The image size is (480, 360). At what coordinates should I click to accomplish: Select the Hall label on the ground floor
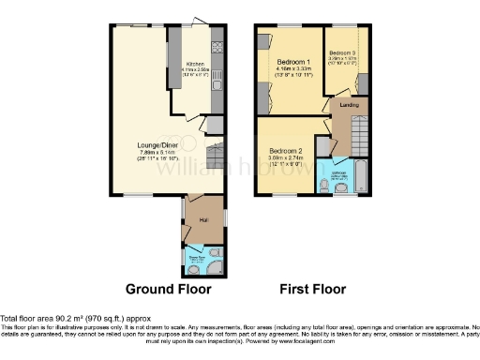tap(202, 220)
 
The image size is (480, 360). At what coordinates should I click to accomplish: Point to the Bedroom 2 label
tap(286, 150)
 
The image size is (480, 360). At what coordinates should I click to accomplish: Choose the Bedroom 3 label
tap(342, 52)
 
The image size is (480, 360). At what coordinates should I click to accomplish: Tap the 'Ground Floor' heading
tap(162, 289)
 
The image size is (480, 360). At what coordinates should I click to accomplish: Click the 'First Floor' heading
tap(313, 289)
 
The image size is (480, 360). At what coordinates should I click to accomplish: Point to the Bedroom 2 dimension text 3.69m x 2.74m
tap(286, 157)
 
